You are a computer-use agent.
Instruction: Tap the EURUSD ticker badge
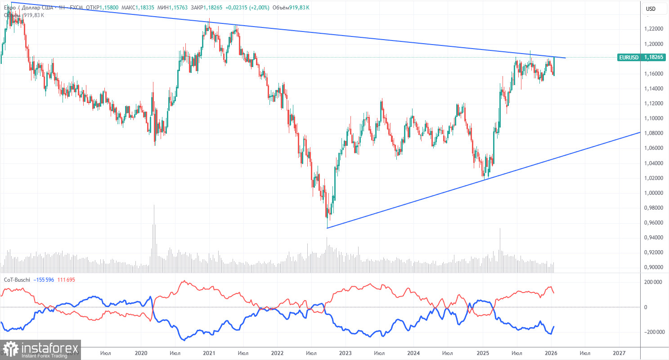(x=629, y=58)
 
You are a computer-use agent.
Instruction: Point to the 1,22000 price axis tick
(x=651, y=29)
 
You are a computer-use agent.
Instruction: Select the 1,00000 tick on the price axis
(x=651, y=193)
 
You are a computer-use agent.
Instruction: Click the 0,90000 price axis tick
(x=651, y=267)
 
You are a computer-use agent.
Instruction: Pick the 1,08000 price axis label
(x=651, y=133)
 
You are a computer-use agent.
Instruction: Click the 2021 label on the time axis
(x=209, y=352)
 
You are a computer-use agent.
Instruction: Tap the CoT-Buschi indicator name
(x=17, y=280)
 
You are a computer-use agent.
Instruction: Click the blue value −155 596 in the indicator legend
(x=47, y=280)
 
